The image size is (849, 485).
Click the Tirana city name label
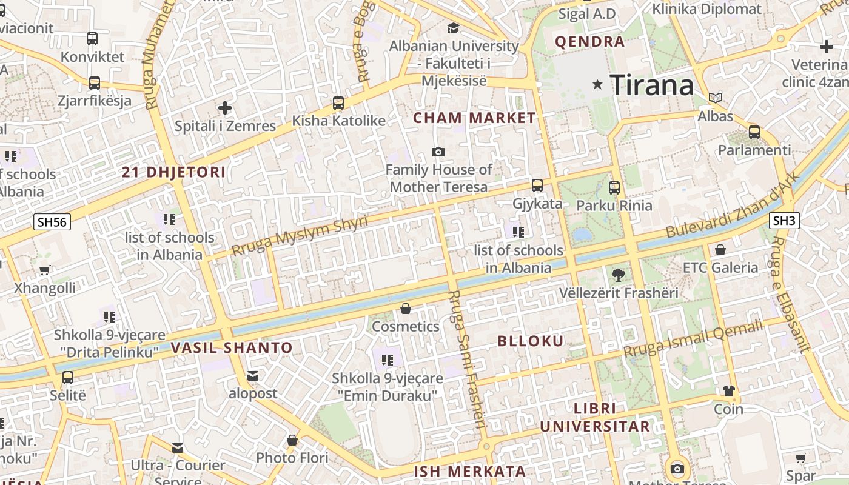[651, 85]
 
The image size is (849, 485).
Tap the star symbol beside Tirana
[598, 85]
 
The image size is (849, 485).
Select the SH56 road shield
[52, 222]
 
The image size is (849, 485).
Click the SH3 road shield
[785, 221]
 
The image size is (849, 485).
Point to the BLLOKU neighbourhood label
[531, 341]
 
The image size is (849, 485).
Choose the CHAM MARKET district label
[474, 118]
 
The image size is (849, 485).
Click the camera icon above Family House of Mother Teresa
[438, 152]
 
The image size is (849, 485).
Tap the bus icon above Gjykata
[537, 186]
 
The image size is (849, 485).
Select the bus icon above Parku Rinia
[614, 188]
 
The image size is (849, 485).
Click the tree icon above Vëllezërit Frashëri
[618, 275]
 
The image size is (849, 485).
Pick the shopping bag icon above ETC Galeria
[720, 250]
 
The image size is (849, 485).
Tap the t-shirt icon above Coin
[728, 391]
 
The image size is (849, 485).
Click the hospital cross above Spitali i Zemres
[225, 109]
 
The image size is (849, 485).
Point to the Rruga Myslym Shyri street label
[300, 235]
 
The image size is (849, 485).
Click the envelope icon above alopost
[253, 376]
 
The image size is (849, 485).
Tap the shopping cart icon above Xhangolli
[44, 270]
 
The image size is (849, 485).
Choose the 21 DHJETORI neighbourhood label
[173, 172]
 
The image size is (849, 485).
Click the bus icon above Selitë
[68, 377]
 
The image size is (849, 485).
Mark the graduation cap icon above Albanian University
[453, 28]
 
